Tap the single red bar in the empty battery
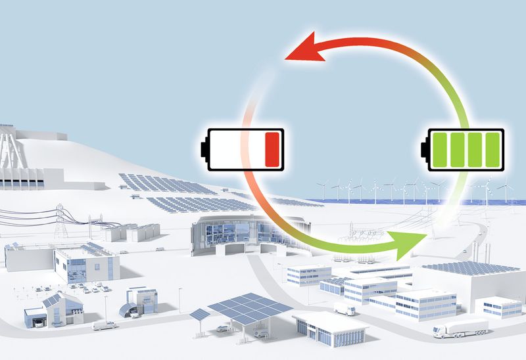click(272, 148)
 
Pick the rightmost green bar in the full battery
click(491, 148)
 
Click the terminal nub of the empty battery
click(203, 148)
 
